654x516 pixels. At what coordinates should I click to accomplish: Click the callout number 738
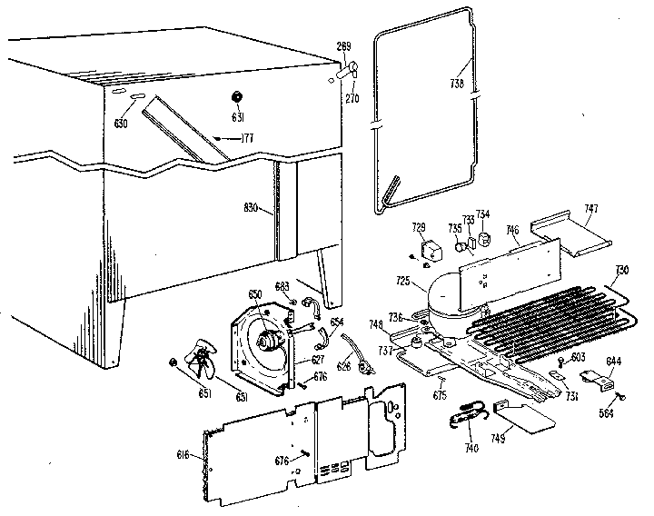pos(457,84)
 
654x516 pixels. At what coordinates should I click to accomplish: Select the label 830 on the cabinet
pos(254,206)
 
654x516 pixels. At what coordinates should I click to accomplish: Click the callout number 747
pos(591,209)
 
